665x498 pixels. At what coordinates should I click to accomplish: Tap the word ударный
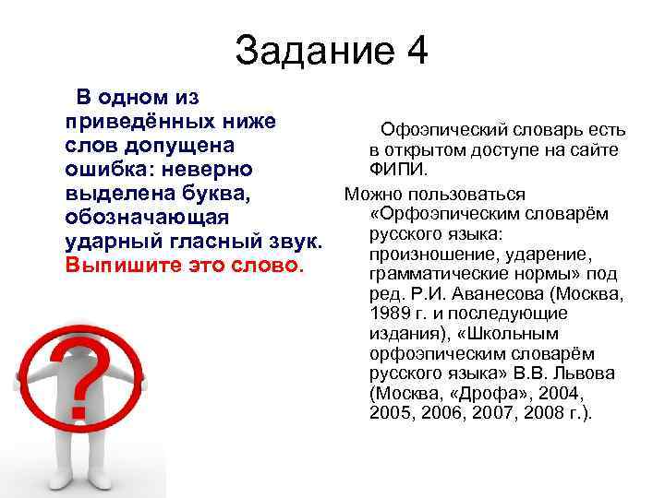(x=116, y=243)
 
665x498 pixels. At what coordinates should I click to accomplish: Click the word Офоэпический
(x=447, y=130)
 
